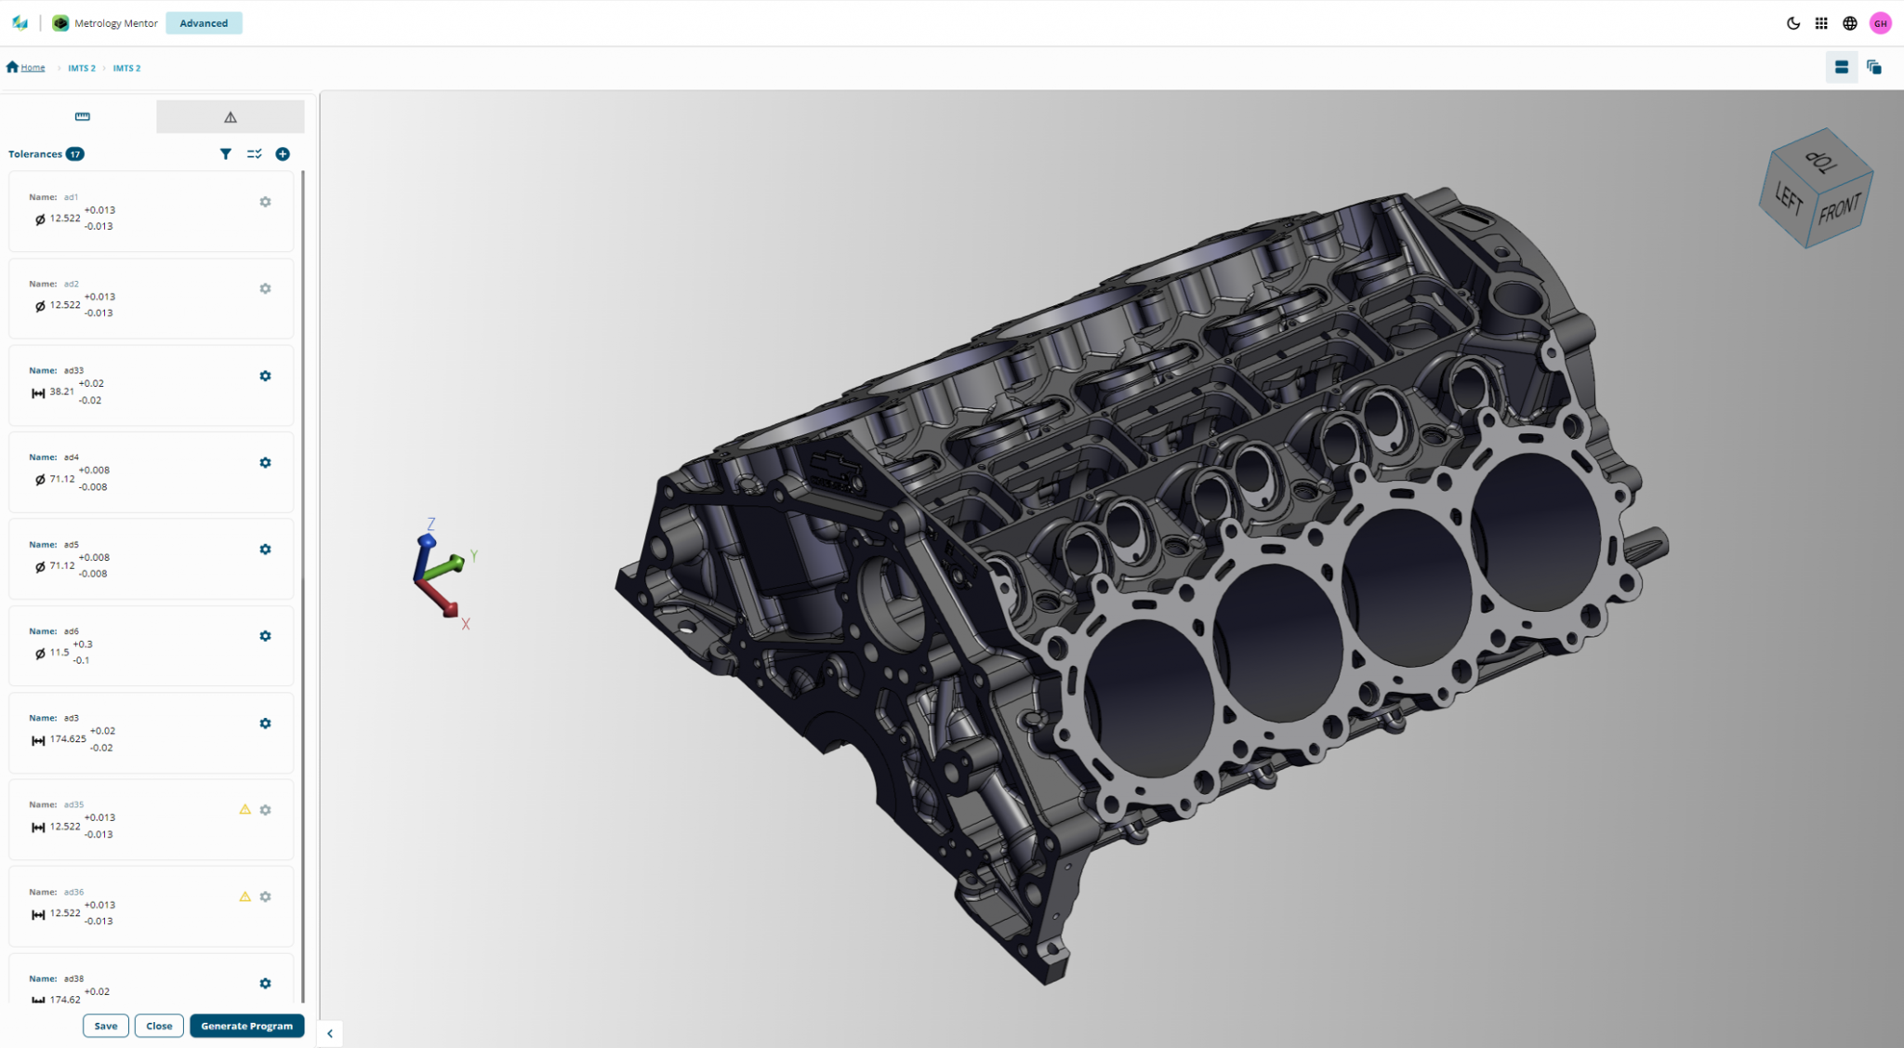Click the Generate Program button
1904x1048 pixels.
tap(246, 1026)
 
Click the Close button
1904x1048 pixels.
tap(159, 1026)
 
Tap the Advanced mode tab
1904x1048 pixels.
tap(204, 23)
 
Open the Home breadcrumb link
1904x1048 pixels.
tap(33, 68)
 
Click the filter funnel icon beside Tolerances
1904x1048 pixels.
tap(225, 154)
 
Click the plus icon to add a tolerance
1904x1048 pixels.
tap(283, 154)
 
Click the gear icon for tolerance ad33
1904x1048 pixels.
tap(265, 376)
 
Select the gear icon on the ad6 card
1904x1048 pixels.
tap(265, 636)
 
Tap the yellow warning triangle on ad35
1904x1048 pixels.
tap(245, 810)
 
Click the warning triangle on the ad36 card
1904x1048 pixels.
tap(245, 896)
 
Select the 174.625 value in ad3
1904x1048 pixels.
tap(68, 739)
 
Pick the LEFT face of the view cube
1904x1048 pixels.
tap(1787, 198)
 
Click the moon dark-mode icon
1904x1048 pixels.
tap(1792, 23)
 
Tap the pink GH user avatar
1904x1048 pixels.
tap(1880, 23)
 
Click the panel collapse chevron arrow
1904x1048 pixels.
tap(329, 1033)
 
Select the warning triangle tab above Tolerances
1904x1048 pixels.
tap(230, 117)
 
